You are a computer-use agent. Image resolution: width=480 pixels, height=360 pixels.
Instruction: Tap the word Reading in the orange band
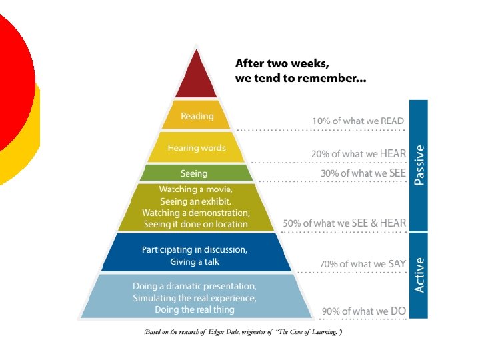coord(197,116)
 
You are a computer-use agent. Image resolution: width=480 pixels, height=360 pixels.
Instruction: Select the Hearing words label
coord(197,148)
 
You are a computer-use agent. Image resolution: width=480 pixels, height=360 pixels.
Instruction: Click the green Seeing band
coord(194,173)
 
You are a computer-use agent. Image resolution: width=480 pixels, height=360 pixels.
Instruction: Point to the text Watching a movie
coord(195,190)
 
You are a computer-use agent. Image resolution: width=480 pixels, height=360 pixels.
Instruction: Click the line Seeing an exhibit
coord(195,201)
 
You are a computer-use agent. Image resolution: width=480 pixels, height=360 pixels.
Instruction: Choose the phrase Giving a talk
coord(194,262)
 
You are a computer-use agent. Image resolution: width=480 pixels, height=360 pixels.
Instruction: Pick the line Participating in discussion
coord(195,250)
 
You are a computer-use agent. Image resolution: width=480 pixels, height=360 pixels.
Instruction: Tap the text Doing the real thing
coord(195,309)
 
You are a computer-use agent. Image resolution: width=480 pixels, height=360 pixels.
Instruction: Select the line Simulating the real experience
coord(195,297)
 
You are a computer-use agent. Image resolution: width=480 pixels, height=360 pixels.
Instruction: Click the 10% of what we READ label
coord(358,121)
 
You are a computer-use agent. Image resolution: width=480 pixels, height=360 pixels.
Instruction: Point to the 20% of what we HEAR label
coord(358,154)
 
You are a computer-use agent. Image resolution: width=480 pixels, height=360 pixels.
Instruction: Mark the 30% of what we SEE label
coord(363,173)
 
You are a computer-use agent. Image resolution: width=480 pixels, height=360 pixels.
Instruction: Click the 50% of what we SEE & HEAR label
coord(345,223)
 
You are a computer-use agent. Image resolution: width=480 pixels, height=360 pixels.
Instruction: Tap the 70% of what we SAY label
coord(363,264)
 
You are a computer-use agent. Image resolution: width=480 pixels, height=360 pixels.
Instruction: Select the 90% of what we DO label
coord(364,311)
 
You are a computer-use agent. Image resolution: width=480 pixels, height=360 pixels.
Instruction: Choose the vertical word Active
coord(419,275)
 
